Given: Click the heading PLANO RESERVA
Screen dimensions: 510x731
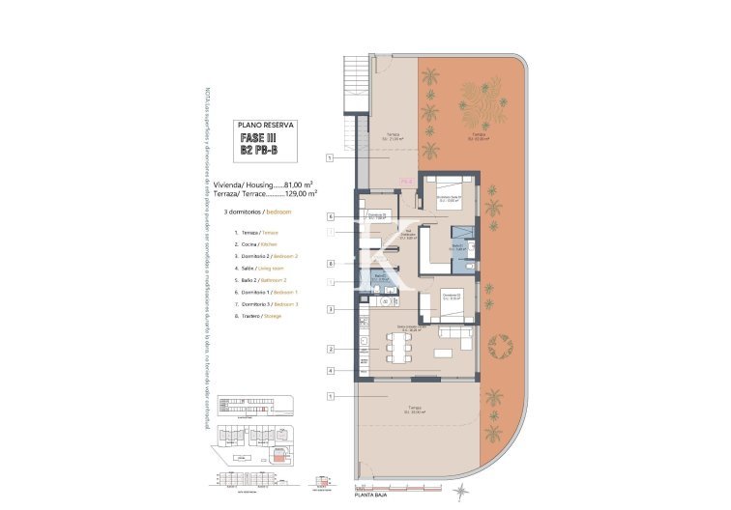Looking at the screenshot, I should (266, 125).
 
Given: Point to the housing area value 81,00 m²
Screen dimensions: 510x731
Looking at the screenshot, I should (302, 184).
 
